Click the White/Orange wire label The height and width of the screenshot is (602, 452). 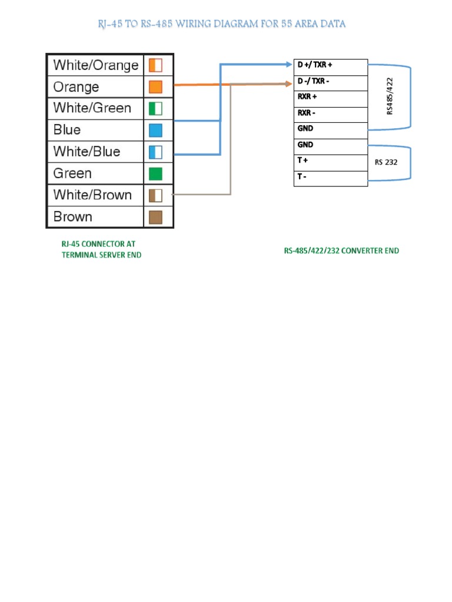coord(96,65)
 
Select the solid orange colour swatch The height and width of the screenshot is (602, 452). coord(155,87)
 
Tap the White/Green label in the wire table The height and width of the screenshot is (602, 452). coord(92,108)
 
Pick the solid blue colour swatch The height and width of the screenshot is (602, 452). coord(155,130)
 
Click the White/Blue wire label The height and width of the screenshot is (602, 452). coord(87,152)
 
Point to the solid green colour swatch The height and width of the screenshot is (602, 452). coord(155,173)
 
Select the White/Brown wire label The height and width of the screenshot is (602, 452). coord(92,195)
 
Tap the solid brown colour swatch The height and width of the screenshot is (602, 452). coord(155,217)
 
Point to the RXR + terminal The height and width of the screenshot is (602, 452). coord(307,96)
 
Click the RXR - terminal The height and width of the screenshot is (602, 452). coord(307,112)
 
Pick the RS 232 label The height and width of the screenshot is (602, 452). coord(386,162)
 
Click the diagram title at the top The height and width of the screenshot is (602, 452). coord(221,24)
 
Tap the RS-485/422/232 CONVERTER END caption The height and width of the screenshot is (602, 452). coord(341,250)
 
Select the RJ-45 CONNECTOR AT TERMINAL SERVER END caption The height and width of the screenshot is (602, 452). coord(101,249)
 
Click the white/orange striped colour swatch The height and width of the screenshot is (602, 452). coord(155,65)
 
